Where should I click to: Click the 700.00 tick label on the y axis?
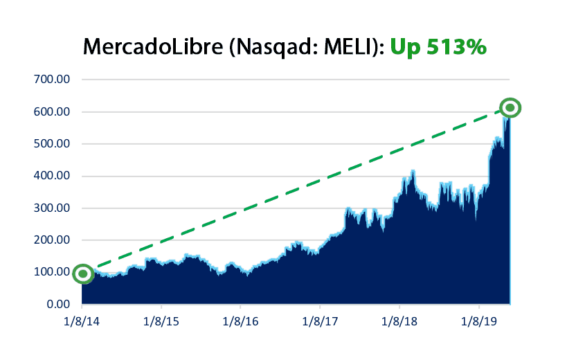coord(52,80)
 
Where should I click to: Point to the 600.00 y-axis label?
coord(52,112)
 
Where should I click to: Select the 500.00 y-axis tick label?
coord(52,144)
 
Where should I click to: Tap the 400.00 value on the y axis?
coord(52,176)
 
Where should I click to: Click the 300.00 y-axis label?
coord(52,208)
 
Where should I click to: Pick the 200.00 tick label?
coord(52,240)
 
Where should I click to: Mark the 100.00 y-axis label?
coord(52,272)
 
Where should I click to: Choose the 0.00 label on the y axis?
coord(58,305)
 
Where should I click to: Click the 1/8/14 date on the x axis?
coord(82,322)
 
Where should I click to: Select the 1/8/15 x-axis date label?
coord(161,322)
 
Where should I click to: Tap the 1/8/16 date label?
coord(240,322)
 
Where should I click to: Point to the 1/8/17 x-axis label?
coord(320,322)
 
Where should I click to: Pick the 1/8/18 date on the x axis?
coord(399,322)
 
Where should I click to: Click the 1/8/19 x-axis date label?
coord(479,322)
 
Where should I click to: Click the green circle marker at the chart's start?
coord(83,273)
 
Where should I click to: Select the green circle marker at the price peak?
coord(510,107)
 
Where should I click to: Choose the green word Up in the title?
coord(403,46)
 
